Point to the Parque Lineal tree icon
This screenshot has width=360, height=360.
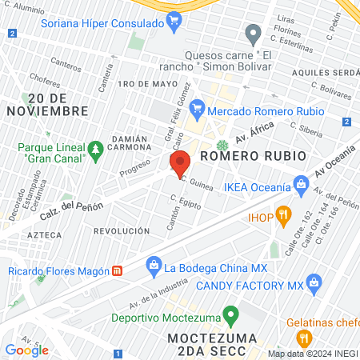click(x=95, y=149)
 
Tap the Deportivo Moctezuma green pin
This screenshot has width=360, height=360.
click(x=230, y=314)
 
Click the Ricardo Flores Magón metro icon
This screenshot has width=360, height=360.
click(x=117, y=270)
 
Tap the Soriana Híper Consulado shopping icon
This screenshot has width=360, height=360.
click(x=174, y=19)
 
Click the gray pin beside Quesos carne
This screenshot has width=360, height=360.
click(x=254, y=34)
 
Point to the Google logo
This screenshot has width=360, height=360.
click(x=26, y=350)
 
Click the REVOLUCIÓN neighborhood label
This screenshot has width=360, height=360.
click(x=122, y=230)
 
